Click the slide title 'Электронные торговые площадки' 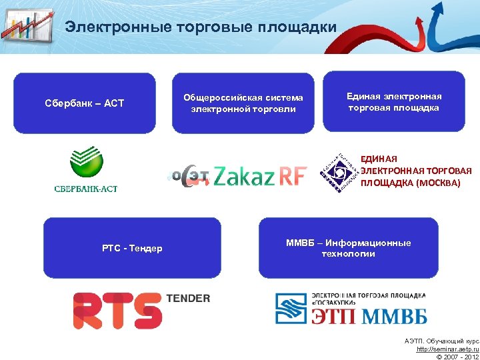[201, 27]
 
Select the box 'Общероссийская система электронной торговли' [243, 103]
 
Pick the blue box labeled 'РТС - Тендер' [132, 248]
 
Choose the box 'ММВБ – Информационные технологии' [348, 248]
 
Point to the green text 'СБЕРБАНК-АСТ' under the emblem [86, 189]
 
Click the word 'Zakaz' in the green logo [245, 177]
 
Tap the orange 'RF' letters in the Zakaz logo [293, 177]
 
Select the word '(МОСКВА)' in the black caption [437, 183]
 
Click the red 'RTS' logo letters [117, 310]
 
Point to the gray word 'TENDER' [187, 298]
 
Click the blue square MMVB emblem [293, 308]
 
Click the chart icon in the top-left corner [27, 25]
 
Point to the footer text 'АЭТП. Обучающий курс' [441, 341]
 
